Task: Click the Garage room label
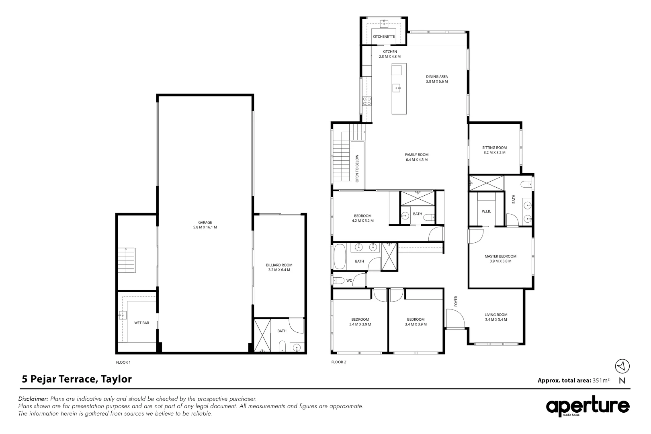click(x=205, y=222)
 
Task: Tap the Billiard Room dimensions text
click(x=279, y=270)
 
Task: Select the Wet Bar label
click(x=141, y=323)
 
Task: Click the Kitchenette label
click(x=384, y=37)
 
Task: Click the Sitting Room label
click(x=494, y=147)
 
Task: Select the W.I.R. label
click(x=486, y=211)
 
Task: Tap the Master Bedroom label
click(x=500, y=256)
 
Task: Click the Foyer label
click(x=456, y=301)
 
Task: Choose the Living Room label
click(x=496, y=315)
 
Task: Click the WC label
click(x=349, y=280)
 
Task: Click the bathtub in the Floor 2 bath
click(x=339, y=257)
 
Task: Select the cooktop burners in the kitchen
click(x=366, y=101)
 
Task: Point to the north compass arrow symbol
click(x=622, y=366)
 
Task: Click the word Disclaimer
click(x=33, y=399)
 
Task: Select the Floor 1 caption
click(x=123, y=362)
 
